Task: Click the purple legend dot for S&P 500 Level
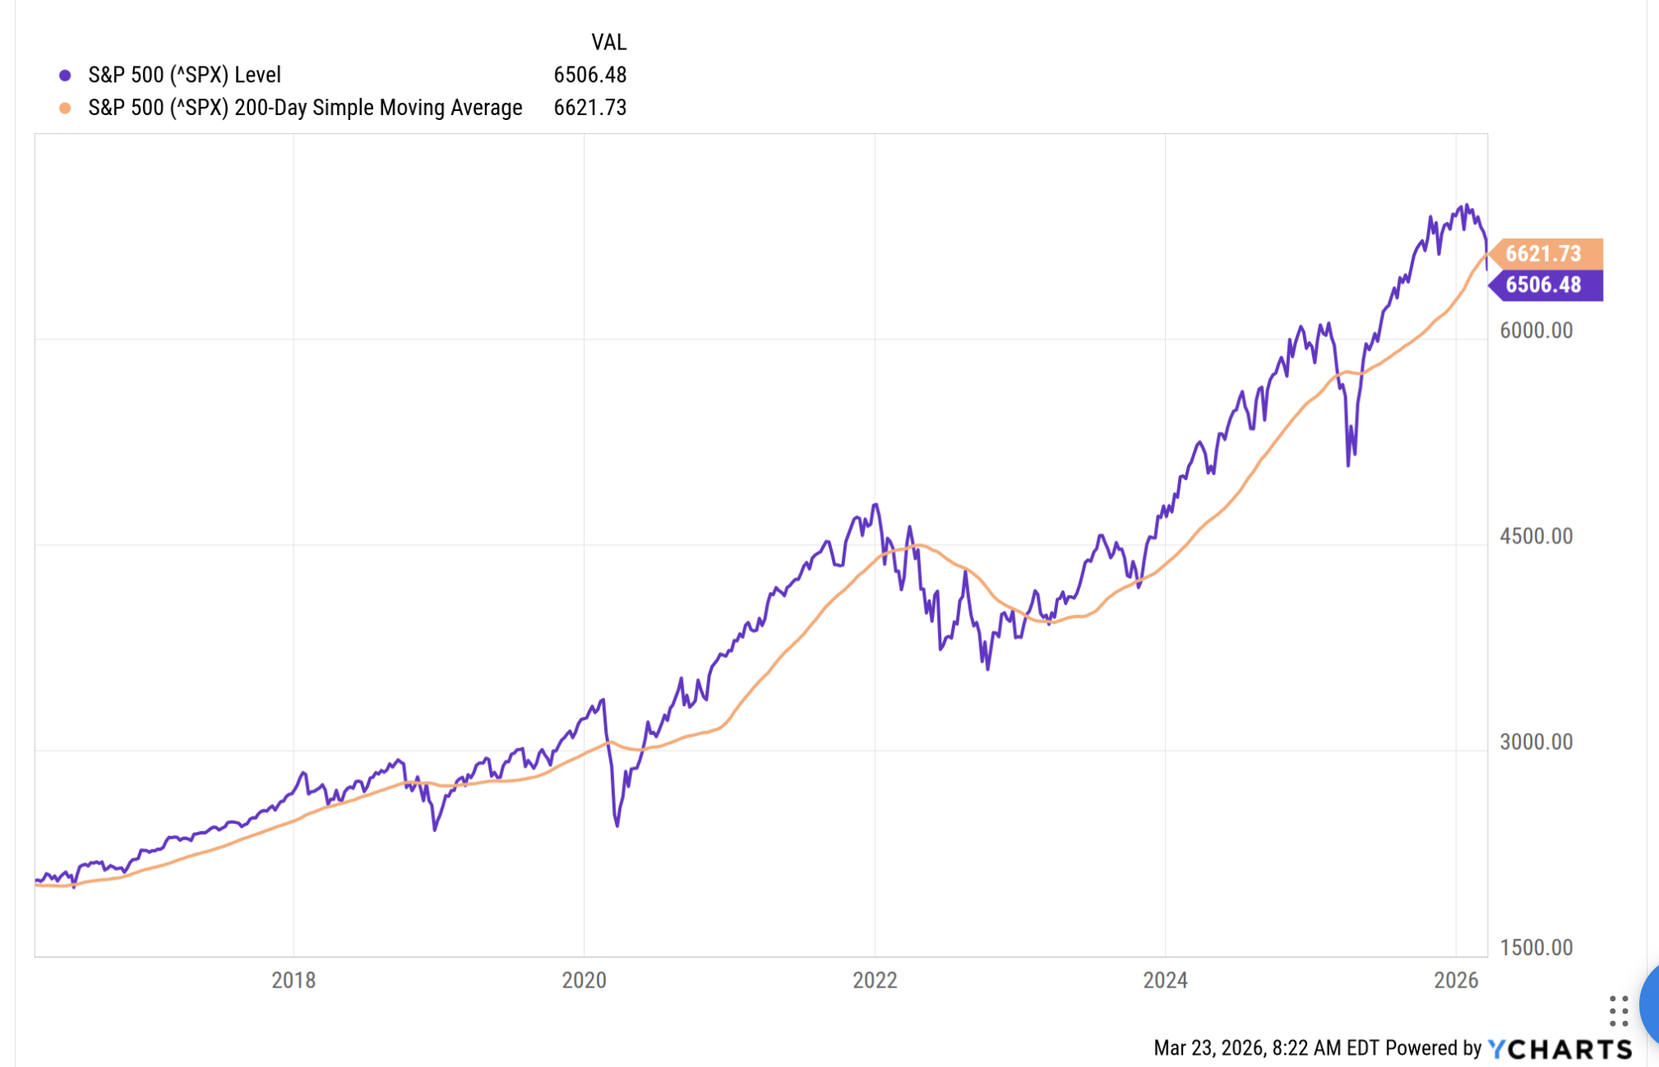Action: coord(65,76)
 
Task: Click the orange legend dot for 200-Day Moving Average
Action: coord(65,109)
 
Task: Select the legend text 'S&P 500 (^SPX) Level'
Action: coord(184,75)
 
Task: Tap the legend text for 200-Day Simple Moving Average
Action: coord(305,108)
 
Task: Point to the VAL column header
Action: coord(608,42)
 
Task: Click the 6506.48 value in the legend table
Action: coord(589,75)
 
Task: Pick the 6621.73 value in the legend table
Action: coord(589,108)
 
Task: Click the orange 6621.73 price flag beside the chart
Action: coord(1545,253)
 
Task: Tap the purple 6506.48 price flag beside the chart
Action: coord(1545,285)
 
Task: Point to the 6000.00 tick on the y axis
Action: coord(1536,330)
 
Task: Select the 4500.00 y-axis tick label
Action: coord(1536,536)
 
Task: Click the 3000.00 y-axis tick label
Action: coord(1536,741)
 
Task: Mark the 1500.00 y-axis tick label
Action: coord(1536,947)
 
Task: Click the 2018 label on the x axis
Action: coord(293,980)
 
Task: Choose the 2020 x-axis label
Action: coord(584,980)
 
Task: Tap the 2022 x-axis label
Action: coord(875,980)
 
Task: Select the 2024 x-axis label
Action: coord(1165,980)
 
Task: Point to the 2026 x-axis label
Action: coord(1456,980)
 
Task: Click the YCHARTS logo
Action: coord(1560,1049)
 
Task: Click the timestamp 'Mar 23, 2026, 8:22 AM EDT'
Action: coord(1266,1048)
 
